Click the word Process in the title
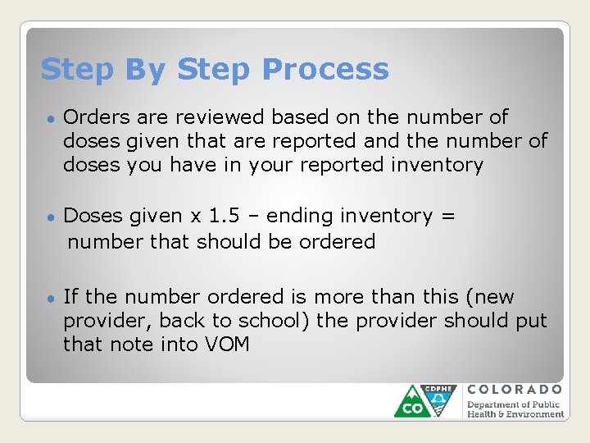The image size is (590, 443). pos(325,70)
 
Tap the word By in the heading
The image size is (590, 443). pos(147,70)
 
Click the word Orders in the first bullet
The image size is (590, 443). pos(92,117)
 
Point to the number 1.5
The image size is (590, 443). pos(225,216)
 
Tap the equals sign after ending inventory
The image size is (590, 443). pos(447,216)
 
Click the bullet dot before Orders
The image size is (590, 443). pos(50,119)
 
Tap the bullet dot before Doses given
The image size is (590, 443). pos(50,217)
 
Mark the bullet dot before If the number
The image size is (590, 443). pos(50,298)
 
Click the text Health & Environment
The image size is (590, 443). pos(515,414)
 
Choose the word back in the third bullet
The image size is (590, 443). pos(182,321)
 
